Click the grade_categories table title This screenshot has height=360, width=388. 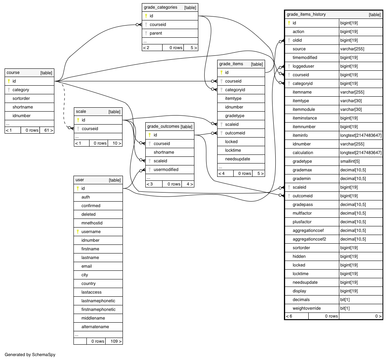[160, 7]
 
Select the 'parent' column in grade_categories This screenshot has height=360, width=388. [156, 33]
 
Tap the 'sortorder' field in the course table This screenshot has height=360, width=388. [21, 98]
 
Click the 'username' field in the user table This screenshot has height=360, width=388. [91, 231]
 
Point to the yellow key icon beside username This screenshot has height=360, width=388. [78, 231]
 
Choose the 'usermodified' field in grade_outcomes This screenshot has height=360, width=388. [166, 169]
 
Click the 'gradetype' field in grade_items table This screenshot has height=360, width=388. [234, 116]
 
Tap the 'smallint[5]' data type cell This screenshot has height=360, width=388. [350, 161]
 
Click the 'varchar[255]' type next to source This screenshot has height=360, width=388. [352, 49]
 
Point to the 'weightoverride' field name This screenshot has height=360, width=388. [307, 308]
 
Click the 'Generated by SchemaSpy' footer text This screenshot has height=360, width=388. [30, 354]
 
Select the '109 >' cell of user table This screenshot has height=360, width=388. [116, 341]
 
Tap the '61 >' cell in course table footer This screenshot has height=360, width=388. [49, 130]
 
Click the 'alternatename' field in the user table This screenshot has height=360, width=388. [95, 327]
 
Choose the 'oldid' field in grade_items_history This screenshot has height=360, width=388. [297, 40]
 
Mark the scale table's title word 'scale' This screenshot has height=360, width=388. [81, 111]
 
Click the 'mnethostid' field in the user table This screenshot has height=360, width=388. [92, 223]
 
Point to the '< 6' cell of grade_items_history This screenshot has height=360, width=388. [289, 316]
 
